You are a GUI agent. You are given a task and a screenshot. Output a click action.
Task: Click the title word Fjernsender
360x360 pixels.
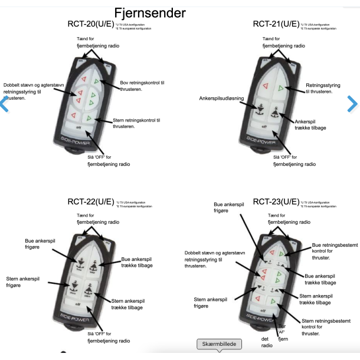pyautogui.click(x=150, y=12)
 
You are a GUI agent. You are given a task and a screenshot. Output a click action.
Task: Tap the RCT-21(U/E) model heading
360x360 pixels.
pyautogui.click(x=276, y=24)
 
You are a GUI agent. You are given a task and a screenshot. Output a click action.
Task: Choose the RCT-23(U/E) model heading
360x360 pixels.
pyautogui.click(x=276, y=202)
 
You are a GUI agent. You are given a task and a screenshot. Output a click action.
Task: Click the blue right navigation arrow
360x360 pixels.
pyautogui.click(x=352, y=104)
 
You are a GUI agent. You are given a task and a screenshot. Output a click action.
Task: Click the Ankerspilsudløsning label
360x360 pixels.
pyautogui.click(x=221, y=99)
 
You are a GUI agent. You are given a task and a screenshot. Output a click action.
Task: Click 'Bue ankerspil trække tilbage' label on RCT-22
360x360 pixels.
pyautogui.click(x=136, y=262)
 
